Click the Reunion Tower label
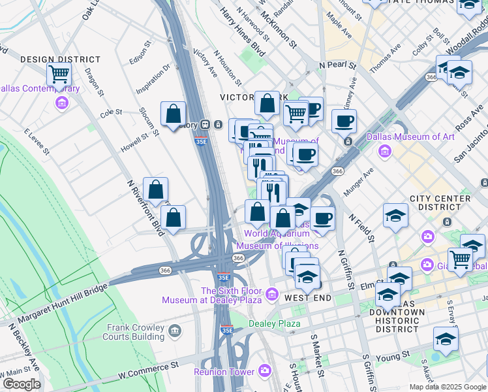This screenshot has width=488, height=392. (x=224, y=372)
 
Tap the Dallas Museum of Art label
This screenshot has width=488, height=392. (x=410, y=137)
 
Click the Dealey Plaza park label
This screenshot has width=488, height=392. (x=274, y=323)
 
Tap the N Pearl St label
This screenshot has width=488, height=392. (x=337, y=66)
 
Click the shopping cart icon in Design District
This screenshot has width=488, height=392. (x=59, y=74)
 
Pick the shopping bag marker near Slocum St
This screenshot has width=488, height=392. (x=173, y=114)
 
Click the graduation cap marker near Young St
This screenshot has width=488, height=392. (x=446, y=338)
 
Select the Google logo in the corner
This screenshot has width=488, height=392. (x=22, y=384)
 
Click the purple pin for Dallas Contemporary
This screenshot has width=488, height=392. (x=62, y=103)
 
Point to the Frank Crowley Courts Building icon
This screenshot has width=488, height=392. (x=174, y=331)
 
